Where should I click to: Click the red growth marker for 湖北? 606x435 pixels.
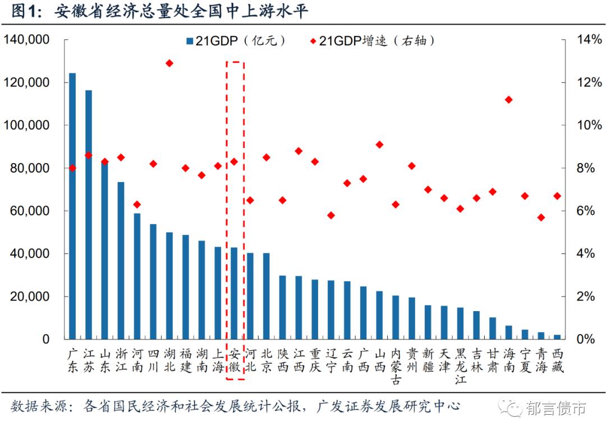(x=169, y=63)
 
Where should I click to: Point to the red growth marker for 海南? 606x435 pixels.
(x=508, y=100)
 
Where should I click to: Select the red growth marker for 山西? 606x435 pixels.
(x=379, y=145)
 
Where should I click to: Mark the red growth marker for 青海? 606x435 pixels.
(x=541, y=217)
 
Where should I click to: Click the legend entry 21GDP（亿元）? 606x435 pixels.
(x=236, y=41)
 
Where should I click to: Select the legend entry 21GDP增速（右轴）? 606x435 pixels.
(x=373, y=41)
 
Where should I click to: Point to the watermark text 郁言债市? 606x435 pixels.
(x=556, y=409)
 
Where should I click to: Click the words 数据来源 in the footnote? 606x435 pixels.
(x=38, y=405)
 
